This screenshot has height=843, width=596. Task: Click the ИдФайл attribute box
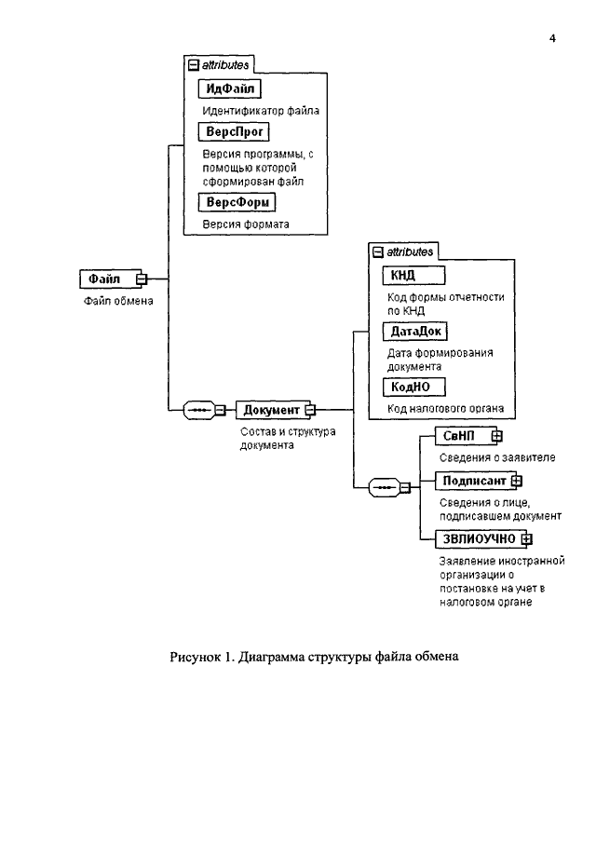tap(229, 88)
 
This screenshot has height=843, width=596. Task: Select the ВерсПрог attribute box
tap(234, 131)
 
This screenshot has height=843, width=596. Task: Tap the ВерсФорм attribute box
tap(237, 202)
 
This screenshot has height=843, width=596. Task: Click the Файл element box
tap(110, 279)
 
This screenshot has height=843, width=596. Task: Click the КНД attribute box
tap(413, 276)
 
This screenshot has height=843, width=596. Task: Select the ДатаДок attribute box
tap(415, 332)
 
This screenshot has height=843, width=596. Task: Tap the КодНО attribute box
tap(413, 388)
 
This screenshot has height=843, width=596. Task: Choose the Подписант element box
tap(476, 481)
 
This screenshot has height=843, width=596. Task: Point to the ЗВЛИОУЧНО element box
tap(481, 538)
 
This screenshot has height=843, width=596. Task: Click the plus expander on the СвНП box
tap(496, 436)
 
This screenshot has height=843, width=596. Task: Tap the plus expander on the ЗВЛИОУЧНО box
tap(527, 538)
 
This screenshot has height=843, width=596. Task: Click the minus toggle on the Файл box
tap(142, 279)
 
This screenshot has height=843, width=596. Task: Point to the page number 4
tap(552, 38)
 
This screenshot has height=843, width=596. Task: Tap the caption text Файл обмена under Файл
tap(118, 301)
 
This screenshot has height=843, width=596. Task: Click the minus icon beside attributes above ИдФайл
tap(194, 65)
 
